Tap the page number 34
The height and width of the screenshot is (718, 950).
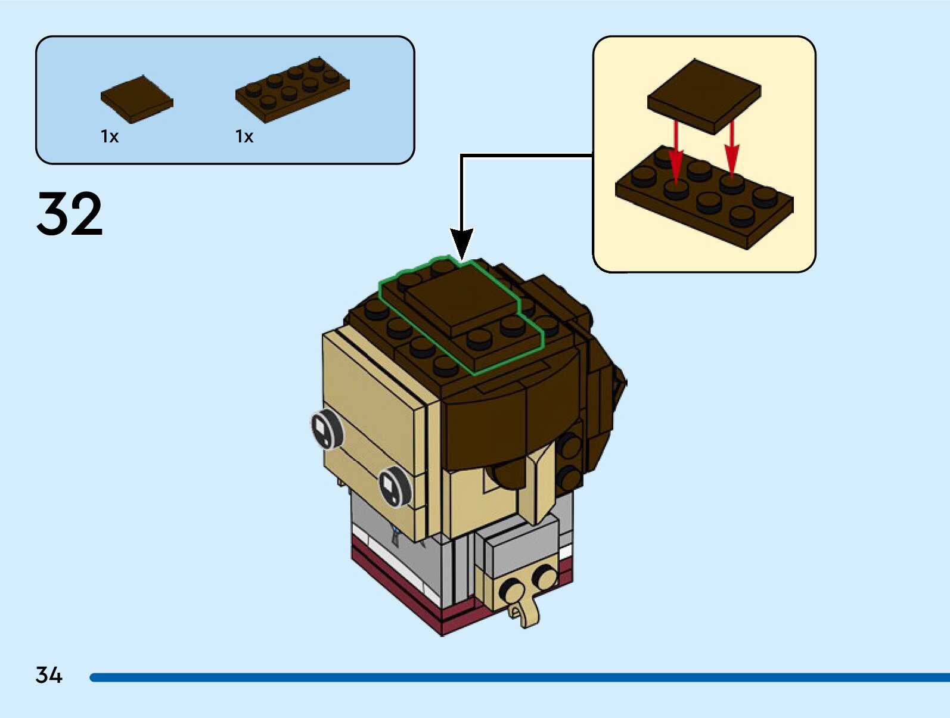49,675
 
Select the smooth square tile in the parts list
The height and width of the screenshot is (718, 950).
136,99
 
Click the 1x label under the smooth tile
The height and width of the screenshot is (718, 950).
110,137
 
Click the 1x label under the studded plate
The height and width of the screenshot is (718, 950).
244,137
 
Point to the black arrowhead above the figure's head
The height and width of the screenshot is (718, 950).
461,243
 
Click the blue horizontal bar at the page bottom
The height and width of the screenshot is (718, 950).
519,677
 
